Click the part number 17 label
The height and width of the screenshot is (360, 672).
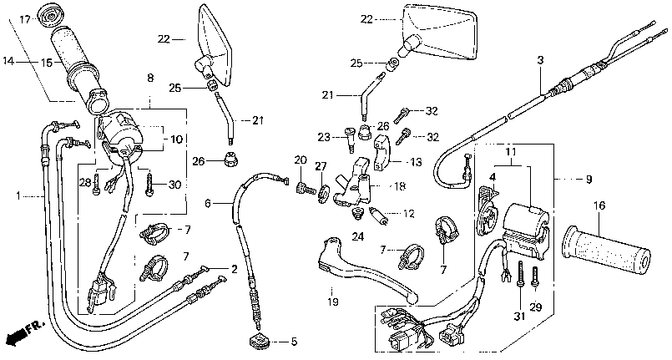coord(25,20)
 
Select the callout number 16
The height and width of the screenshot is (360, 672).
coord(599,205)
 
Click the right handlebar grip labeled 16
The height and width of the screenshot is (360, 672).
coord(607,251)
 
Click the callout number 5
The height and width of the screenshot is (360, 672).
coord(294,342)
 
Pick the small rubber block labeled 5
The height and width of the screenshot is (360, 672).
coord(259,341)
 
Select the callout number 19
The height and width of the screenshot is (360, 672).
coord(332,302)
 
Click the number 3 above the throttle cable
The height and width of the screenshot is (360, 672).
coord(540,60)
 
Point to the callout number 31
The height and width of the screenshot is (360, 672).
coord(519,317)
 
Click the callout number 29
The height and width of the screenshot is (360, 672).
coord(536,307)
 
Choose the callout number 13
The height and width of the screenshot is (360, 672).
coord(415,162)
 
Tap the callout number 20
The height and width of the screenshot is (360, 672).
coord(301,160)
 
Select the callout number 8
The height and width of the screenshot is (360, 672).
coord(150,78)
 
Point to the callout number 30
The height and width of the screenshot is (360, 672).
coord(174,185)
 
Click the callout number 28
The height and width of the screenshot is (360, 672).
coord(84,183)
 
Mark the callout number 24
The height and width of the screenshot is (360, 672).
coord(358,236)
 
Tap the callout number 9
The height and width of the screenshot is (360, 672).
coord(589,179)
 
